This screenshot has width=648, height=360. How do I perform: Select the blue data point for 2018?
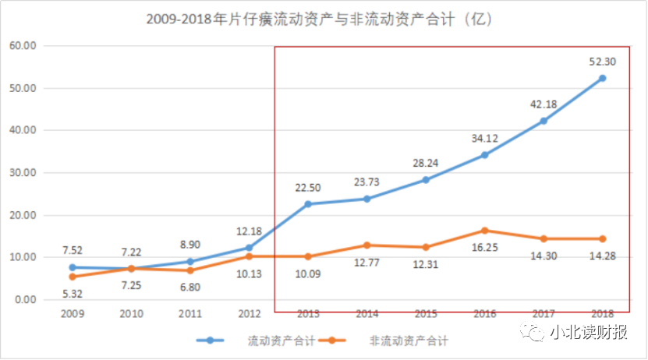[602, 78]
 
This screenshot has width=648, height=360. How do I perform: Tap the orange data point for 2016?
[484, 231]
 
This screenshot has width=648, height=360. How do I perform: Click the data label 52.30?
[601, 59]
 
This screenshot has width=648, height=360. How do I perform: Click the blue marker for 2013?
[308, 204]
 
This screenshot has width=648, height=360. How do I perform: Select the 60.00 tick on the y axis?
[23, 46]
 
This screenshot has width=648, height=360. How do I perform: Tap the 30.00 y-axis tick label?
[23, 173]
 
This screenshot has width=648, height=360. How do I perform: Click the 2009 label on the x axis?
[73, 313]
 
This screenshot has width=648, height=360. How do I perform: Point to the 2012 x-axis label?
[249, 313]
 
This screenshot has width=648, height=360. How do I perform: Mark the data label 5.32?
[73, 294]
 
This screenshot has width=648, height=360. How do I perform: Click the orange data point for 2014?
[366, 245]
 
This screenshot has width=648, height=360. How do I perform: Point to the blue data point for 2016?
[484, 155]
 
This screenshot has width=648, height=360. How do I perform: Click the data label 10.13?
[249, 274]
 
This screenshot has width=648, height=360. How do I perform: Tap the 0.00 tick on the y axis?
[26, 300]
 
